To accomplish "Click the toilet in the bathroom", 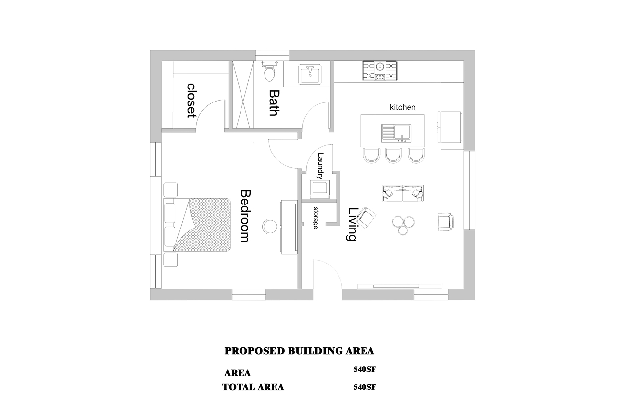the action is [270, 72].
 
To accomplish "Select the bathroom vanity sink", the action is [310, 74].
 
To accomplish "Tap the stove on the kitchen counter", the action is [380, 71].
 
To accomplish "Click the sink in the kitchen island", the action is [396, 133].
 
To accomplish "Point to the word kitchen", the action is [403, 107].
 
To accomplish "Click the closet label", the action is [192, 101].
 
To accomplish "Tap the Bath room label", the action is [274, 102].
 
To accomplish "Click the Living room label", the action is [352, 224].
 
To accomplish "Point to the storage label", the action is [316, 218].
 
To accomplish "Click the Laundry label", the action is [320, 166].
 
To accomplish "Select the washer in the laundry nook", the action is [319, 189].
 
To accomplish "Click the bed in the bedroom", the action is [197, 225].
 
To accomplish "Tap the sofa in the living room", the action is [403, 193].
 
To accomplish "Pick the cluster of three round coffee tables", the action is [403, 225].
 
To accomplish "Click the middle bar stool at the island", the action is [393, 155].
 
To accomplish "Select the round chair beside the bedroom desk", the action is [270, 226].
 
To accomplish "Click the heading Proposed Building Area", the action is [299, 351].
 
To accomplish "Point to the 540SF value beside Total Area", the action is [365, 387].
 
